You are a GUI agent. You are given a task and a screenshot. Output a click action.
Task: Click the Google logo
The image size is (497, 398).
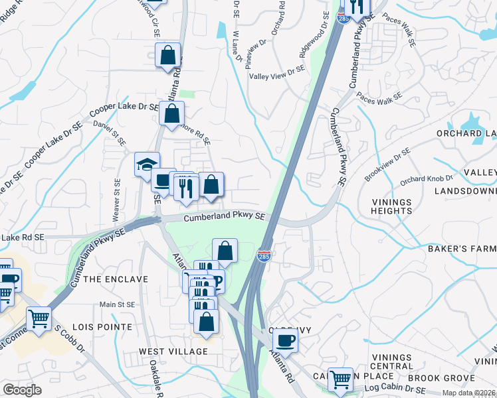pos(23,390)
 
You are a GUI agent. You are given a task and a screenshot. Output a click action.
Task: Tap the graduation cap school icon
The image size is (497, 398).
pos(146,165)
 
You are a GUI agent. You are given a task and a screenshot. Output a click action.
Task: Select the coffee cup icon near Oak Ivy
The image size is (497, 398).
pos(285,341)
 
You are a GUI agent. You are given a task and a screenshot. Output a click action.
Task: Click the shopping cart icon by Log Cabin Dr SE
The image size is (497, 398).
pos(340,380)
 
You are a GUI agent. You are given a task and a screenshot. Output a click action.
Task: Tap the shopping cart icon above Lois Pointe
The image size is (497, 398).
pos(39,319)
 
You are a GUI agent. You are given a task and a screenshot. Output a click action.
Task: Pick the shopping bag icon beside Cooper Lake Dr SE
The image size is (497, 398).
pos(171,113)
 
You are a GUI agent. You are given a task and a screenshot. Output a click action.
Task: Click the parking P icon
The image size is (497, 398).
pos(217,281)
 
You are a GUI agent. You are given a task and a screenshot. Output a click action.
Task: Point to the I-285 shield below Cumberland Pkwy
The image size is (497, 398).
pos(264,255)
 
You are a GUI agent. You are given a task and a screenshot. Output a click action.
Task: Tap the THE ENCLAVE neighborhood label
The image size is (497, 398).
pos(115,279)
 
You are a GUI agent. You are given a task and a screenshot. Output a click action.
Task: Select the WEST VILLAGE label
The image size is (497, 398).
pos(173,350)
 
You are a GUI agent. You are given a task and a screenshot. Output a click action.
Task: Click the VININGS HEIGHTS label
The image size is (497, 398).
pos(392,206)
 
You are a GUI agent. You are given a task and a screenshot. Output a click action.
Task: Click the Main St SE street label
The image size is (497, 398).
pos(117,304)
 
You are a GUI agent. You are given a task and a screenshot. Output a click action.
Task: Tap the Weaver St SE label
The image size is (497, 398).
pos(117,200)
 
